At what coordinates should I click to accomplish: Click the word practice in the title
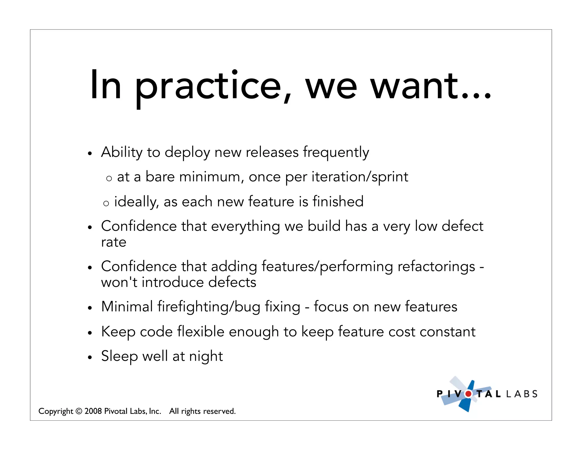(x=208, y=87)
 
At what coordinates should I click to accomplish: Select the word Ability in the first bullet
(x=122, y=152)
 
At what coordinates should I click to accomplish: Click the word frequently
(x=336, y=152)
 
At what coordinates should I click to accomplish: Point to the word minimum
(x=211, y=177)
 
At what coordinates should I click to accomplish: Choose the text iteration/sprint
(x=360, y=177)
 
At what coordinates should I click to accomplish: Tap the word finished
(x=338, y=201)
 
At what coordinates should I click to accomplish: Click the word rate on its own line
(x=114, y=242)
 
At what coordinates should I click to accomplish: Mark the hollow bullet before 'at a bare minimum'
(x=109, y=179)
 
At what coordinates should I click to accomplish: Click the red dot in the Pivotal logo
(x=468, y=394)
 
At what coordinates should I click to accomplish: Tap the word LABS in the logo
(x=522, y=394)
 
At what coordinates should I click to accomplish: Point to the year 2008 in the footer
(x=93, y=411)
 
